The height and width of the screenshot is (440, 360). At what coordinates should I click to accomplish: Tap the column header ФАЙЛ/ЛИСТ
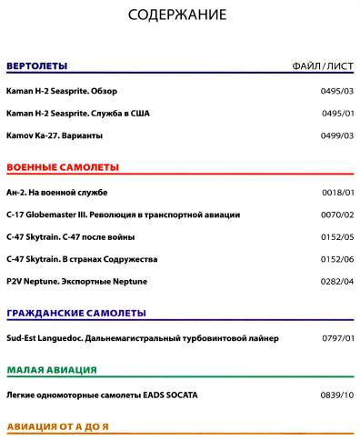click(323, 66)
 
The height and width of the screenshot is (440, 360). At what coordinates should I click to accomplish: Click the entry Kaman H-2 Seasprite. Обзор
click(62, 92)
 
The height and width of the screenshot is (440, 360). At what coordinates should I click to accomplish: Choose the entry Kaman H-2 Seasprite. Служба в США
click(79, 114)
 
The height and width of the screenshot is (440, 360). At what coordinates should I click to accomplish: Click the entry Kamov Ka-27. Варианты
click(54, 135)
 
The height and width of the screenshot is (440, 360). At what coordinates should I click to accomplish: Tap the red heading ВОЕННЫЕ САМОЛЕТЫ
click(63, 168)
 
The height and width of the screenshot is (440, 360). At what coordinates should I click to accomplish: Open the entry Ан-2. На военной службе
click(56, 193)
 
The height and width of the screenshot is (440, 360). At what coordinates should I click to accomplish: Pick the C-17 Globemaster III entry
click(123, 215)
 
